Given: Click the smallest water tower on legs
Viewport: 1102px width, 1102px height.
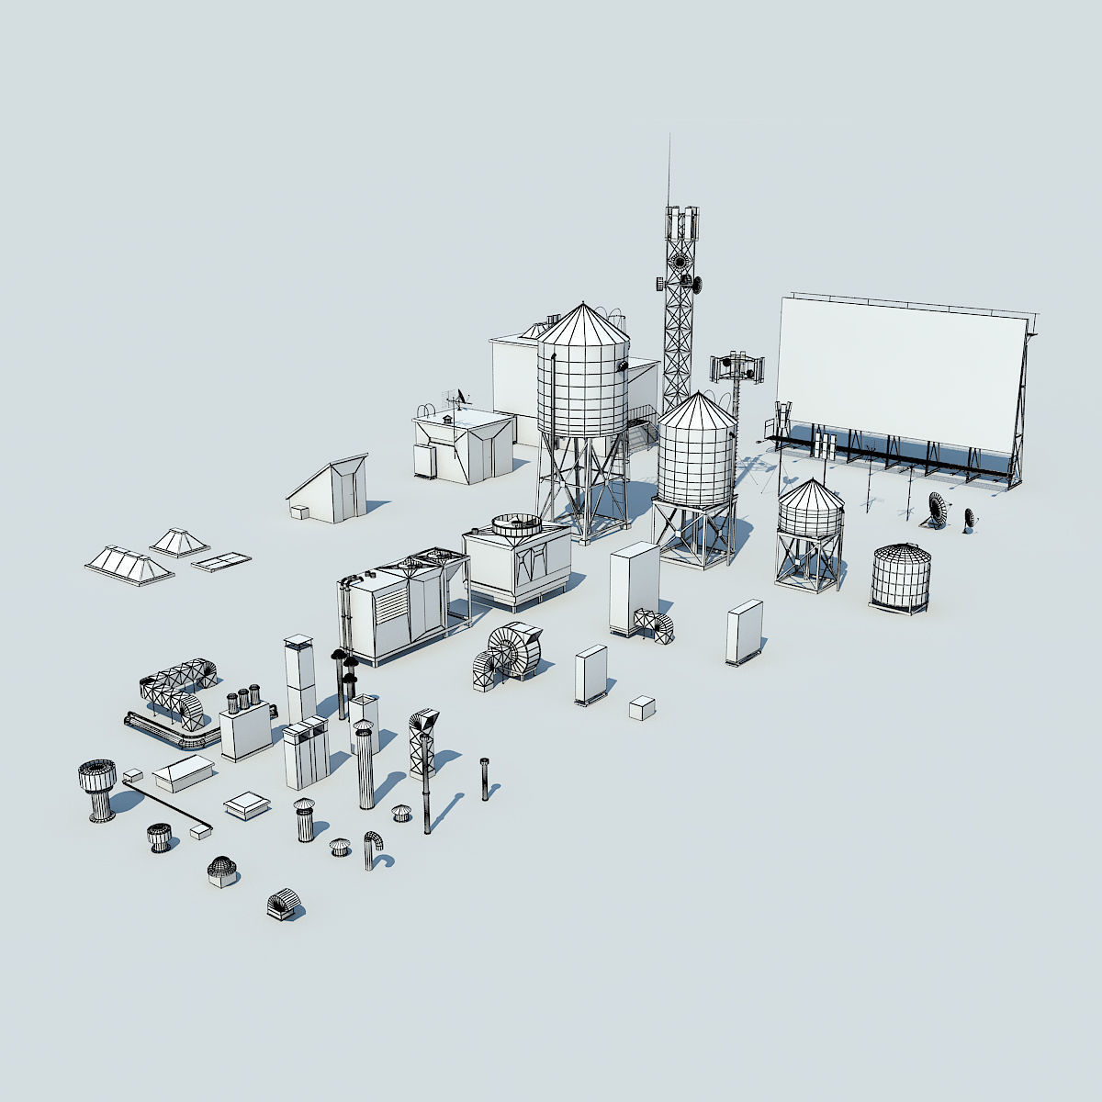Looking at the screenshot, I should point(810,533).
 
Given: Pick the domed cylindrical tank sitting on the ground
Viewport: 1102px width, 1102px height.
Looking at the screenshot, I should point(900,576).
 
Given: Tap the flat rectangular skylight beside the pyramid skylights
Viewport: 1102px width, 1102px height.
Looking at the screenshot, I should point(220,560).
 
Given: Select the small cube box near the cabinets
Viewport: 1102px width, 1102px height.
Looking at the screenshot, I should point(641,707).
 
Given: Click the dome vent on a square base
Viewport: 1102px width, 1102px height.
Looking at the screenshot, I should point(221,871).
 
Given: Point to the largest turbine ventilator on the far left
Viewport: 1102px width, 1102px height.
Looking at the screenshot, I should point(97,788).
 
